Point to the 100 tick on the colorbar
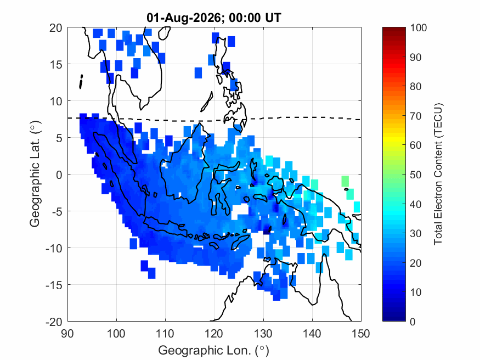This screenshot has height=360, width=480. [x=419, y=28]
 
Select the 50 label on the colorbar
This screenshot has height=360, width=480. [x=415, y=175]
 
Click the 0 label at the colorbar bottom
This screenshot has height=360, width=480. [x=413, y=322]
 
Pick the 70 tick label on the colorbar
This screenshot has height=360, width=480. [x=415, y=116]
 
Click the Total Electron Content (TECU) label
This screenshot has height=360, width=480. [x=438, y=174]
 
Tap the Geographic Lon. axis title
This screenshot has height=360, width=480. [x=213, y=350]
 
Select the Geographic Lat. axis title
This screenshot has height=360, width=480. [x=35, y=174]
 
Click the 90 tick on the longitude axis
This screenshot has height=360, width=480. [x=67, y=333]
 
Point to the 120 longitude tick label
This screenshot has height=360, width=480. [x=214, y=333]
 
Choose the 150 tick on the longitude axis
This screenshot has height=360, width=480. [x=361, y=333]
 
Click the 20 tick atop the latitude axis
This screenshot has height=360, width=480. [x=56, y=28]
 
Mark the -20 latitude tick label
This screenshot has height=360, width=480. [x=54, y=322]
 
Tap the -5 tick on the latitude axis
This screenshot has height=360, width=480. [x=57, y=211]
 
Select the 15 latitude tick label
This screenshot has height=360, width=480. [x=56, y=65]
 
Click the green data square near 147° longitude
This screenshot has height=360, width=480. [x=345, y=181]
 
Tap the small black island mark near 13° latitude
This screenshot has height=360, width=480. [x=81, y=82]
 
